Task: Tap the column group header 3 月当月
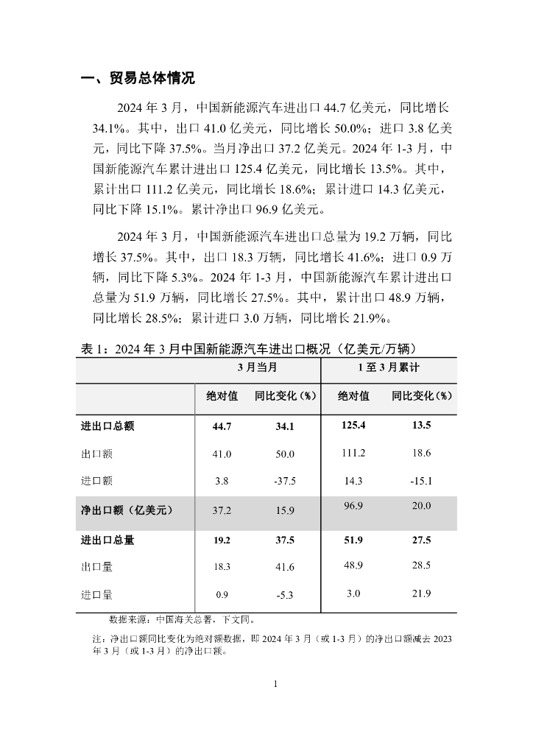[x=257, y=367]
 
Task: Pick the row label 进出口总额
[x=107, y=426]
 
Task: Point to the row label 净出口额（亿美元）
[x=127, y=509]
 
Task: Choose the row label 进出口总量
[x=107, y=540]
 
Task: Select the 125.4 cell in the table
[x=353, y=425]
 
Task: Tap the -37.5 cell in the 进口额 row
[x=284, y=482]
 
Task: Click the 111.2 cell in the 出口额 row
[x=353, y=453]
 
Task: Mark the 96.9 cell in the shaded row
[x=353, y=505]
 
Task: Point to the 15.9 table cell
[x=284, y=510]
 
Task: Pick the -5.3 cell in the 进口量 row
[x=284, y=595]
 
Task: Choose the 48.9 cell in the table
[x=353, y=565]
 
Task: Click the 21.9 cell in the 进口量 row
[x=421, y=593]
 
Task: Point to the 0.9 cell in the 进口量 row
[x=222, y=595]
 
